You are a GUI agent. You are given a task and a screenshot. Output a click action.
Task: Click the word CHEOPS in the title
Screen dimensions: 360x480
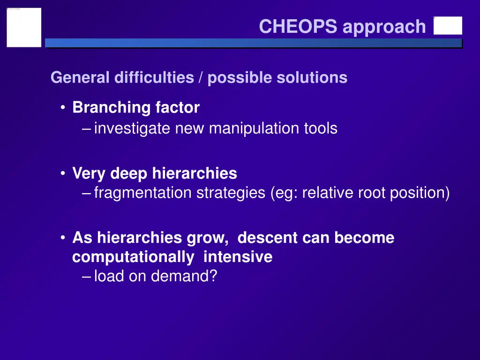pos(298,27)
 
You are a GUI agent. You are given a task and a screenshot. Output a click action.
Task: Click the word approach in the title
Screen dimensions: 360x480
pos(384,28)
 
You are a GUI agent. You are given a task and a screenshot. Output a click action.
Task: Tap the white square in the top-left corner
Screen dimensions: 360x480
pos(24,27)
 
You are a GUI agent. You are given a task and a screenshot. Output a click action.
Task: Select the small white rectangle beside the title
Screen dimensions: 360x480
pos(448,26)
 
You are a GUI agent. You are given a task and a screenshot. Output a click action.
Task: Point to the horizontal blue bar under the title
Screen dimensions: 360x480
pos(253,43)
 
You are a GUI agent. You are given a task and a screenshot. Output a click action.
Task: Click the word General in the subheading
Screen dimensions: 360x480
pos(80,77)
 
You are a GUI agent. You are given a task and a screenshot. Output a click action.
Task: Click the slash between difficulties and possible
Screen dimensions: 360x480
pos(201,77)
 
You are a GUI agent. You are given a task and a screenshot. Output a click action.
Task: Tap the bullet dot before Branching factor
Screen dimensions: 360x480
pos(62,108)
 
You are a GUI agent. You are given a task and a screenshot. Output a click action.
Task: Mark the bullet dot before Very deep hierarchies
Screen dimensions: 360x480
pos(62,174)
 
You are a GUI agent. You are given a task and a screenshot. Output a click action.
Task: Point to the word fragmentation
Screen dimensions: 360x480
pos(142,193)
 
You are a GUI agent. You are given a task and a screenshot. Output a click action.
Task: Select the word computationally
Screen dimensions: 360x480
pos(133,257)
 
